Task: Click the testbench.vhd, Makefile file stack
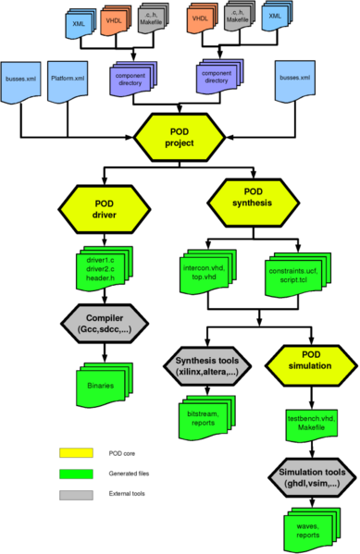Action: (298, 421)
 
